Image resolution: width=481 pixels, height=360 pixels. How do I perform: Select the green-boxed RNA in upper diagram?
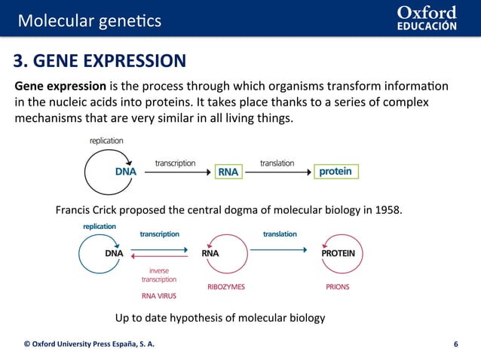click(x=228, y=172)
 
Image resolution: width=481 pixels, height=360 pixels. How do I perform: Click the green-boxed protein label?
click(x=335, y=172)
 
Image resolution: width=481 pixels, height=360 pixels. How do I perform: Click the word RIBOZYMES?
click(x=226, y=287)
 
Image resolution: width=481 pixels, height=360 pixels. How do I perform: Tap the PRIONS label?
click(x=337, y=287)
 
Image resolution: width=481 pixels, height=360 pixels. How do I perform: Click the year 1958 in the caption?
click(x=388, y=209)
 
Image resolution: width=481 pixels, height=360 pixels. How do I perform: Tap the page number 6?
click(x=455, y=344)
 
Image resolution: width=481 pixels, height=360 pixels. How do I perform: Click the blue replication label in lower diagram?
click(x=100, y=226)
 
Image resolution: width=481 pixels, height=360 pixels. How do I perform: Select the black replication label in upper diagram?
click(x=106, y=140)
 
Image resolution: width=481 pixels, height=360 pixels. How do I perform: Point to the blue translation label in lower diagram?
click(x=280, y=234)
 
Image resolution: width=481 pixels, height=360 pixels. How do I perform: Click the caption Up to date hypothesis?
click(x=219, y=318)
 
